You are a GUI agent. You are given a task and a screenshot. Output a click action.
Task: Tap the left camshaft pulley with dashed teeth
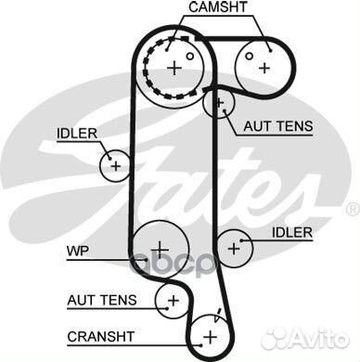click(x=177, y=67)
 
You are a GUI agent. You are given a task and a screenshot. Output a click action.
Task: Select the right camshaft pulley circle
click(x=263, y=65)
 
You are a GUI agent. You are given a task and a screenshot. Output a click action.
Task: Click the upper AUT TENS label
click(x=277, y=125)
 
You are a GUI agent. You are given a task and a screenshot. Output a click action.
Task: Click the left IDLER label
click(x=76, y=134)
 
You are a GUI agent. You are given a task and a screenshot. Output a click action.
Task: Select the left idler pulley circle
click(x=115, y=165)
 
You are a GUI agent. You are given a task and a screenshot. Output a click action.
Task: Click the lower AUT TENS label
click(x=102, y=300)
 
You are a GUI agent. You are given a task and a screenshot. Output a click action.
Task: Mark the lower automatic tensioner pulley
click(x=172, y=298)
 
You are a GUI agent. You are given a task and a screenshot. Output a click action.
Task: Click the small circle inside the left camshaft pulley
click(x=189, y=56)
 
